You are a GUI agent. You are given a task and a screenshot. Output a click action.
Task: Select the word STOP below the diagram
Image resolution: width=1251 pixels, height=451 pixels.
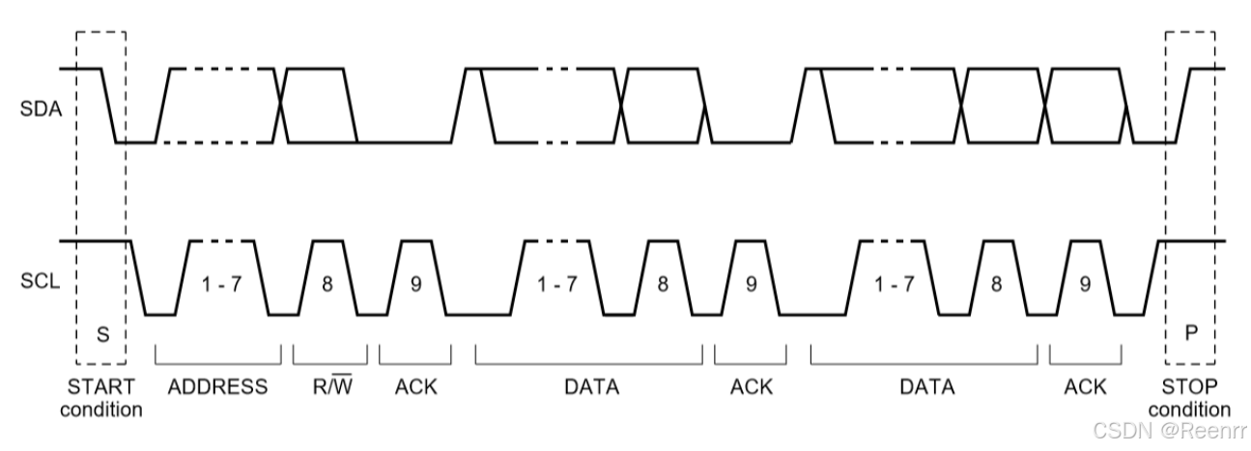(x=1189, y=387)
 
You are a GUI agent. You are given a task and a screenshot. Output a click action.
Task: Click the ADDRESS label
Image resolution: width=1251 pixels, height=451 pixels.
(x=217, y=387)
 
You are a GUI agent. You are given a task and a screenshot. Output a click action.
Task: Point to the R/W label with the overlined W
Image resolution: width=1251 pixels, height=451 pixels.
(x=328, y=387)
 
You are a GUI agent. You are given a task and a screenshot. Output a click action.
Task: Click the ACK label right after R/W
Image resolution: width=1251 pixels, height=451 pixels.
(x=416, y=387)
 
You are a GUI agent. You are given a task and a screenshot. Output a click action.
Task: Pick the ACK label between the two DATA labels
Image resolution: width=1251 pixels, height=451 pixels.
(x=751, y=387)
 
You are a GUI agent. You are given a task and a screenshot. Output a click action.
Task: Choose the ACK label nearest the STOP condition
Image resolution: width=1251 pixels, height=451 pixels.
(x=1085, y=387)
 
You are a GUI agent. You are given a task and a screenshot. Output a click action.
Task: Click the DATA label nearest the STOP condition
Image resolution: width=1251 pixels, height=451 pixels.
(x=926, y=387)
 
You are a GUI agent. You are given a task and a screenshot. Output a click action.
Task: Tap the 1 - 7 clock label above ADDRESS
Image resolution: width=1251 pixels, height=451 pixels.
(x=218, y=285)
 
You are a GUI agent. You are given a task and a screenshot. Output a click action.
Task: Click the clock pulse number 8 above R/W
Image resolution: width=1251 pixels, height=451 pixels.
(x=327, y=285)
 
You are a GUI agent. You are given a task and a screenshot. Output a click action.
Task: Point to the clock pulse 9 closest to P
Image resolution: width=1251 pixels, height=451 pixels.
(x=1086, y=285)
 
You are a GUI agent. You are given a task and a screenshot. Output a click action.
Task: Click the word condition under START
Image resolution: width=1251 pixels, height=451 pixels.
(x=104, y=409)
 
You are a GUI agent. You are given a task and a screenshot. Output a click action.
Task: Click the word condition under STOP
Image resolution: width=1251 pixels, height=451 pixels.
(x=1189, y=409)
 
